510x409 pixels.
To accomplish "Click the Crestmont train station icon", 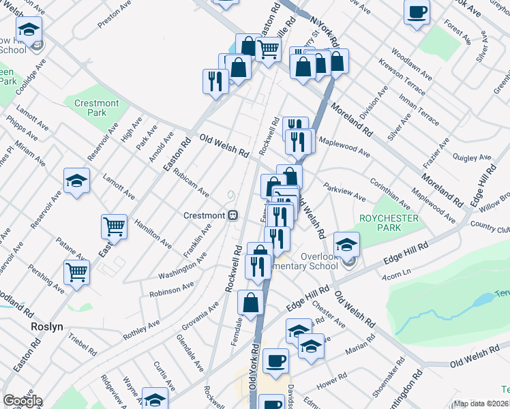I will point(232,215).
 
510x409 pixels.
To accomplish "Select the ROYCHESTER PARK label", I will point(380,224).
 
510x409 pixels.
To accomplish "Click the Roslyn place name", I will point(47,327).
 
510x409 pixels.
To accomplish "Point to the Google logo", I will point(22,401).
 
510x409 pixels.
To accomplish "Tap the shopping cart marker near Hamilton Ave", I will point(114,226).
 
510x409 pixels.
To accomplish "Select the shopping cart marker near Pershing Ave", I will point(77,271).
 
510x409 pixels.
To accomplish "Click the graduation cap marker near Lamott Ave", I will point(76,181).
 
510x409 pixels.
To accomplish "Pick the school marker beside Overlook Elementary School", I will point(347,244).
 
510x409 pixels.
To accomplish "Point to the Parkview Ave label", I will point(344,191).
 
